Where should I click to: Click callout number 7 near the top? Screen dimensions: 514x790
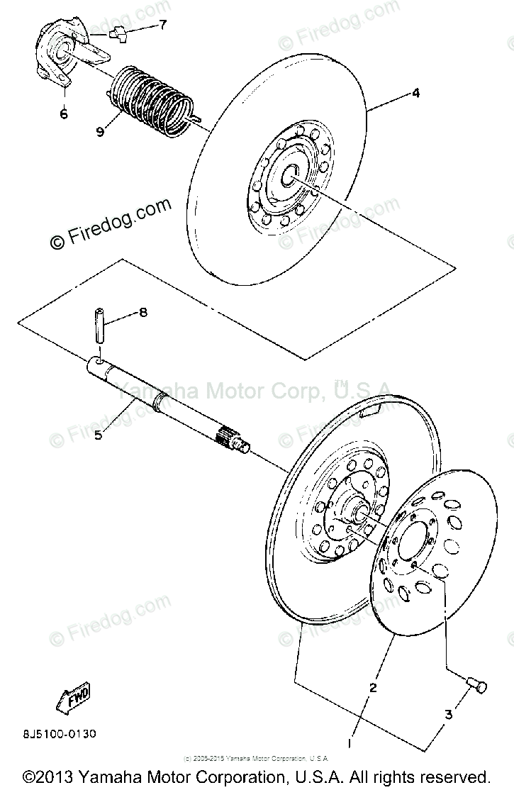pos(162,25)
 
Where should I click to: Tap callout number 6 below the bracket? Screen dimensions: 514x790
pos(64,113)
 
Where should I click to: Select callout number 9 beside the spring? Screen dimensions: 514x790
pos(100,131)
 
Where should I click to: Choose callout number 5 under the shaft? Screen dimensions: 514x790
pos(99,435)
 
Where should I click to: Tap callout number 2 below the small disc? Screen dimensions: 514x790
pos(373,686)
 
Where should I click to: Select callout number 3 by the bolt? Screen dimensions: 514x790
pos(448,715)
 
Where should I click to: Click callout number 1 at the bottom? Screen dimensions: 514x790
pos(349,742)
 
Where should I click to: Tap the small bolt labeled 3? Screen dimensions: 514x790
pos(477,684)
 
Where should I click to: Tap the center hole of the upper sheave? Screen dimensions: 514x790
pos(290,174)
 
